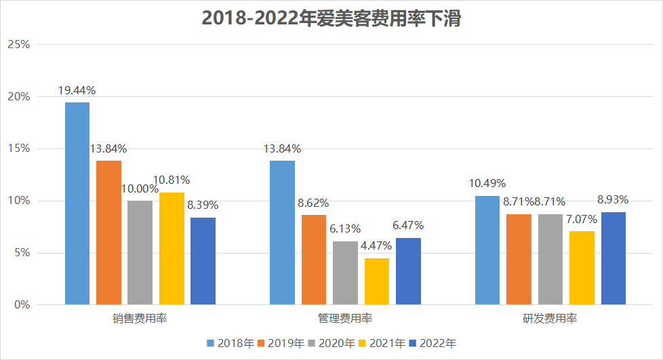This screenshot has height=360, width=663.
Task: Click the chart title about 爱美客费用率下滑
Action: [x=331, y=20]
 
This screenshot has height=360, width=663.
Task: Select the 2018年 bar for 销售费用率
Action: [x=77, y=203]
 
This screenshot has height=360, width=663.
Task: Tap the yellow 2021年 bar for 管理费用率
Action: [x=377, y=281]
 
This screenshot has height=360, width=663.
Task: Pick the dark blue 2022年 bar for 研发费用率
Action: [x=613, y=258]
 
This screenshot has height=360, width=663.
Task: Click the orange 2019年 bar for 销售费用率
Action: [x=108, y=233]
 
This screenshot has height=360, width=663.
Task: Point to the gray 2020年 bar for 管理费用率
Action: [x=345, y=273]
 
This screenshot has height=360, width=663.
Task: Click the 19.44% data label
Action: [x=77, y=90]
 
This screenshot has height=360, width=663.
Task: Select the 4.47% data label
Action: [x=377, y=246]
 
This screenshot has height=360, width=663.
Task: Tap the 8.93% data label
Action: [x=612, y=200]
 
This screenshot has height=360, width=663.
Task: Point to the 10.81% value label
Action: [x=171, y=180]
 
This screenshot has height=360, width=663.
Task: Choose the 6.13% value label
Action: [x=345, y=229]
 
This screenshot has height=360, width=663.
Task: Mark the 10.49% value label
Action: [x=487, y=183]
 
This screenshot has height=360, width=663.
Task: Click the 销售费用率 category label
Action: [x=140, y=319]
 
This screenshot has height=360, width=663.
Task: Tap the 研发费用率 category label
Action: [x=550, y=319]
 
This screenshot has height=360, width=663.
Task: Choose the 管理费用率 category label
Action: [x=345, y=319]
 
